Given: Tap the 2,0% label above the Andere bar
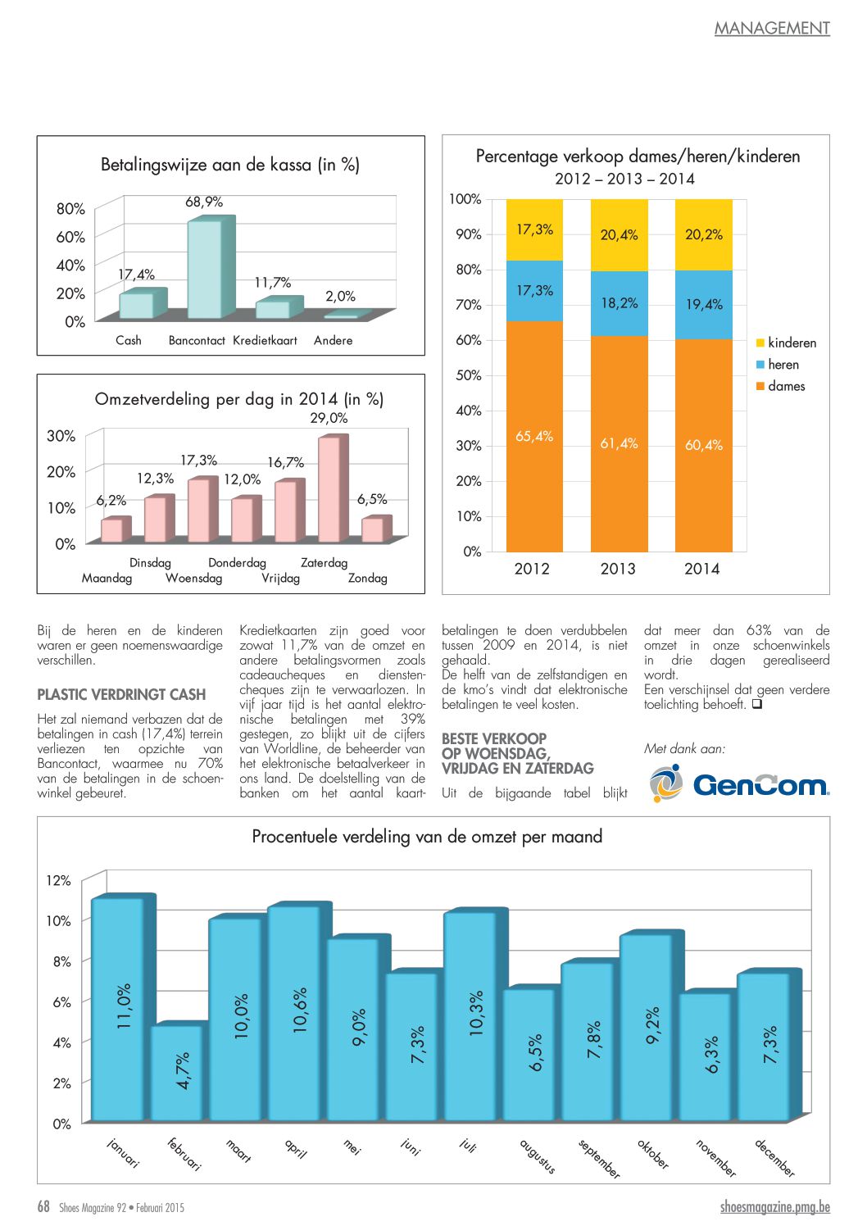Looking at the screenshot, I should click(340, 296).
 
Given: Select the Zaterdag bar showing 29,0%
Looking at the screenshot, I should click(329, 489).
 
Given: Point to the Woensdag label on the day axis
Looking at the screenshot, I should click(193, 579).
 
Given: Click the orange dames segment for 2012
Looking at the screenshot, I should click(534, 436).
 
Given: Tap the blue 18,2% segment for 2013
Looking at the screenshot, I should click(619, 303).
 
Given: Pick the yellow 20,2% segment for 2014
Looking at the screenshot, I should click(703, 234).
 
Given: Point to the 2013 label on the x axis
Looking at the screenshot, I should click(618, 569).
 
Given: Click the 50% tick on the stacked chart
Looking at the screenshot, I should click(468, 375).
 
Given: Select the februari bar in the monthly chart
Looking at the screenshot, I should click(176, 1073).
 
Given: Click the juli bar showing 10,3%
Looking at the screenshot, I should click(470, 1016).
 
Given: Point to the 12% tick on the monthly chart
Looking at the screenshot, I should click(58, 881).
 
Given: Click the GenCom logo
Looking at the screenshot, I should click(739, 783).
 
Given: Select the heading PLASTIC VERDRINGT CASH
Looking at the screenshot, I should click(121, 695).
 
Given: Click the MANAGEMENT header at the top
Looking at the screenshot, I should click(772, 29).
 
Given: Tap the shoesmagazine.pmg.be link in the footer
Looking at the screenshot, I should click(774, 1207).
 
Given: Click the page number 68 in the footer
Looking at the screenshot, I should click(43, 1206).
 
